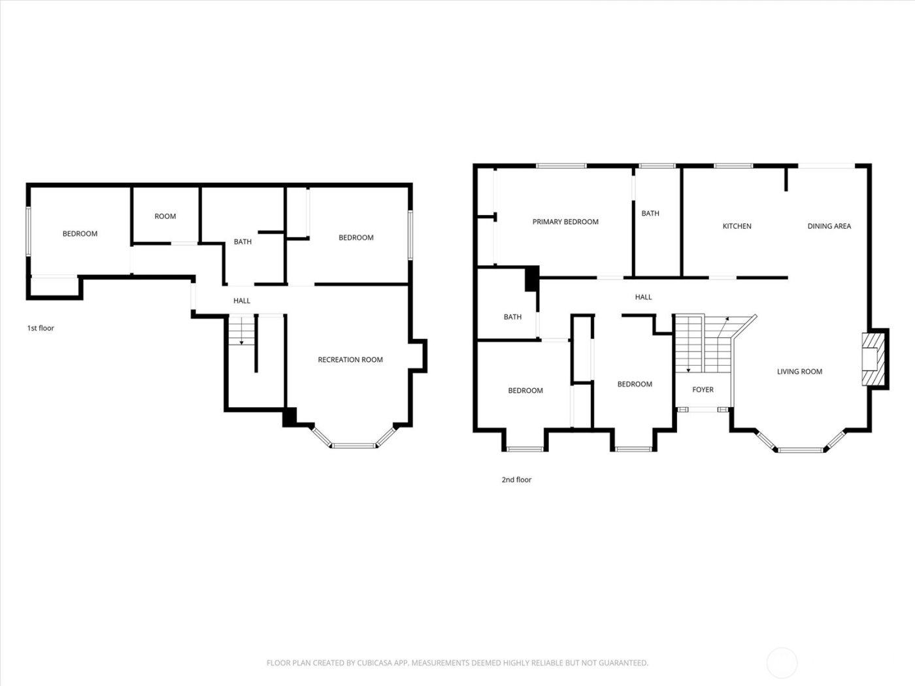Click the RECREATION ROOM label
350,359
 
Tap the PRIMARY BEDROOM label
565,221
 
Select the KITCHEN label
737,226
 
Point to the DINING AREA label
829,226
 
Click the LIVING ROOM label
799,371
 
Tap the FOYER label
703,389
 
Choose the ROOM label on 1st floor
165,216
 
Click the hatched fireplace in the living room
872,360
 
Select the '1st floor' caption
41,328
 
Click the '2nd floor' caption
516,480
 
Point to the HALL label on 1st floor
242,301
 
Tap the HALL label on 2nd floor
643,297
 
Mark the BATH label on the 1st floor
242,242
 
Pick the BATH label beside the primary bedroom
650,213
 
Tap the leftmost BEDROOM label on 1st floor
80,233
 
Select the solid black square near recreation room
290,417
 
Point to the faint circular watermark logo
782,662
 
